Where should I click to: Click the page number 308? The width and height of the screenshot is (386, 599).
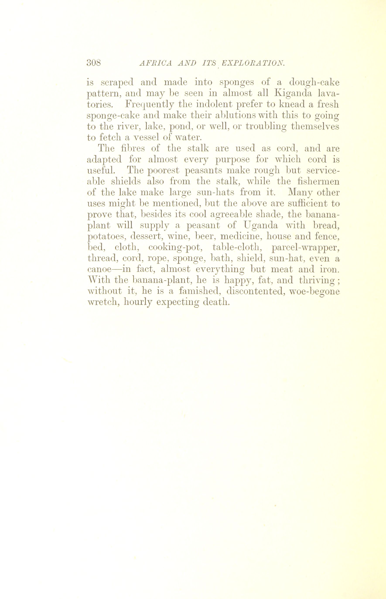click(94, 62)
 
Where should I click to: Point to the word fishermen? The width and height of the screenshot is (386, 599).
click(319, 181)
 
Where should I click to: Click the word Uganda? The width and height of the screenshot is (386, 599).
click(261, 225)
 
